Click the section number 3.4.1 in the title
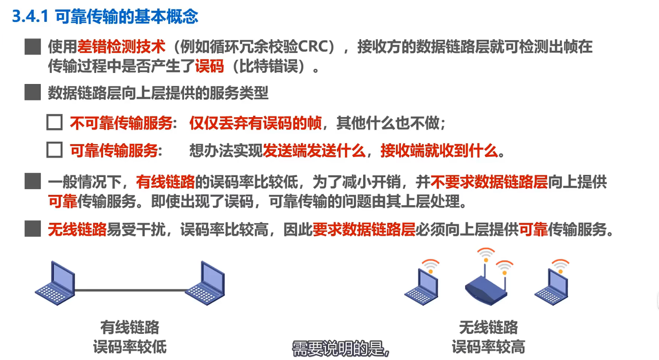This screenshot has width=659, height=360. point(30,16)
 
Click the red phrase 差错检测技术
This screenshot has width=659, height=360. point(121,47)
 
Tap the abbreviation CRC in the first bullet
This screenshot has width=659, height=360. point(313,47)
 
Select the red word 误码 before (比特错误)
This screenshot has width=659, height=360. point(210,66)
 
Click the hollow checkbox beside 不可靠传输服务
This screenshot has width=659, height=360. point(54,122)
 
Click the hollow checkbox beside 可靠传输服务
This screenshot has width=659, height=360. point(54,150)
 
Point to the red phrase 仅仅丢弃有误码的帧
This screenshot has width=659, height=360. point(255,123)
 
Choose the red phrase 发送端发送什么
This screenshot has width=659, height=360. point(314,151)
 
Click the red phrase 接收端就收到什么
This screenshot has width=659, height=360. point(438,151)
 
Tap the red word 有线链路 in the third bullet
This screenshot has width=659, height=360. point(165,182)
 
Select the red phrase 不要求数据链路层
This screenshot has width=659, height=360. point(489,182)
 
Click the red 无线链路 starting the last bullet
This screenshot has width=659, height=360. point(77,230)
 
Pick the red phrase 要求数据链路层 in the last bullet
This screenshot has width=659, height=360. point(364,230)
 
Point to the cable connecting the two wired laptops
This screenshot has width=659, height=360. point(130,291)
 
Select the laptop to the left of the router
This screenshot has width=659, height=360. point(422,286)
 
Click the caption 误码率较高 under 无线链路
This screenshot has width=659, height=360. point(488,347)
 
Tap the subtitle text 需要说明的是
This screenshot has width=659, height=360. point(341,349)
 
